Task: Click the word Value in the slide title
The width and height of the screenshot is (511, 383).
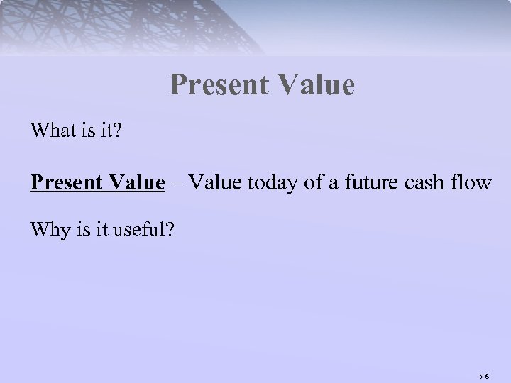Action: (x=317, y=86)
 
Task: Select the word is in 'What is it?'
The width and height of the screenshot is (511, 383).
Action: (x=87, y=131)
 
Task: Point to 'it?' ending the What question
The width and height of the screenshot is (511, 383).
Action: (x=109, y=131)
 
